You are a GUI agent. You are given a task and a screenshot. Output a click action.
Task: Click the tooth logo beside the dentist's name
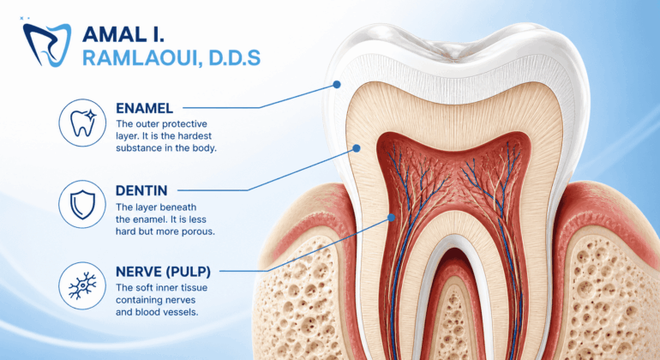click(46, 45)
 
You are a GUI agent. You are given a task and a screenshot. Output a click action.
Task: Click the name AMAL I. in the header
click(123, 34)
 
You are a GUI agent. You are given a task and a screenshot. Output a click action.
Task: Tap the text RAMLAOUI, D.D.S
click(171, 58)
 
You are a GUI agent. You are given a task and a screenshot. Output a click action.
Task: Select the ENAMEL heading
click(144, 108)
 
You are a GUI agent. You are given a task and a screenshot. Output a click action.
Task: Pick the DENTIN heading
click(141, 191)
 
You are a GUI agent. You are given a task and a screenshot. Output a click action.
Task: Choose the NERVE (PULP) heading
click(164, 272)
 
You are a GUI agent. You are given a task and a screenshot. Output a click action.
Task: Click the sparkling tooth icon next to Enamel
click(82, 123)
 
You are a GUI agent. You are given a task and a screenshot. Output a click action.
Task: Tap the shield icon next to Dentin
click(82, 205)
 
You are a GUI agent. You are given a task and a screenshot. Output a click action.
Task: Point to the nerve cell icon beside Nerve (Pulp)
click(82, 286)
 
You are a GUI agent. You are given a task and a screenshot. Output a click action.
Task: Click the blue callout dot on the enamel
click(336, 85)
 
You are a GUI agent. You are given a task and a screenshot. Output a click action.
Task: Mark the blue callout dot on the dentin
click(357, 148)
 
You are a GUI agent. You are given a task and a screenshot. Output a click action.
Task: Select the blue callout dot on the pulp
click(392, 218)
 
